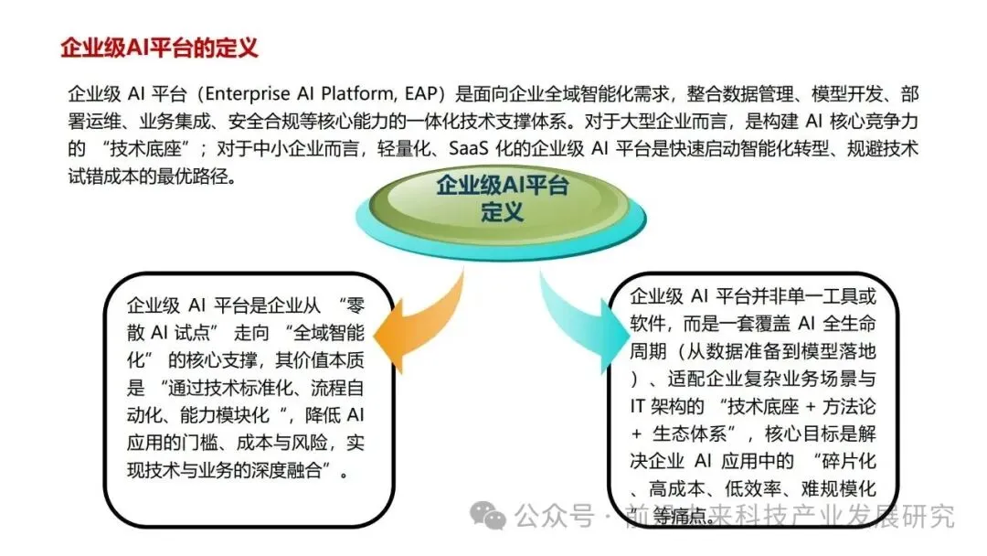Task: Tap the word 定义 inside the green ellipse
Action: point(502,213)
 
